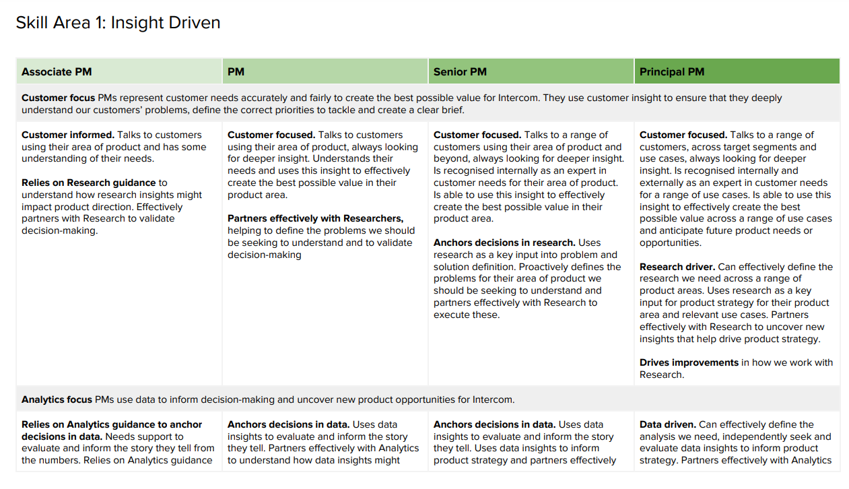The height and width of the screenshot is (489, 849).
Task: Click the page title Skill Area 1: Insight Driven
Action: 118,23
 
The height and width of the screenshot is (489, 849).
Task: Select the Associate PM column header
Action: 57,72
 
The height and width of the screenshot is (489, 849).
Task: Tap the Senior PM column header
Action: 460,72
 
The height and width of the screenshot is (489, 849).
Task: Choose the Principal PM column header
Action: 672,72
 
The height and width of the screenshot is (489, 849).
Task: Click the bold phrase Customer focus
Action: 58,98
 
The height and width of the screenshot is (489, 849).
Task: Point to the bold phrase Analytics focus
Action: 57,400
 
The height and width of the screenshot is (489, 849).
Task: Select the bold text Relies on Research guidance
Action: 88,183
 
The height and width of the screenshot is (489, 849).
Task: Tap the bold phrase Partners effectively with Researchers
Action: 315,219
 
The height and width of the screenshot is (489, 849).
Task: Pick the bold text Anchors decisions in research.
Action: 504,243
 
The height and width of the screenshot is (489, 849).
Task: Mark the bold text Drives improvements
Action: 689,363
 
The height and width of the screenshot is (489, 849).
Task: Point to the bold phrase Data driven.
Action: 667,425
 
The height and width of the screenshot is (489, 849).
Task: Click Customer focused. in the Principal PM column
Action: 683,135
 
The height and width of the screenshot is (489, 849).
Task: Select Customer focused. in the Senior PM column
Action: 477,135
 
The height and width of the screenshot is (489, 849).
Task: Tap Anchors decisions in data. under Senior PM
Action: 494,425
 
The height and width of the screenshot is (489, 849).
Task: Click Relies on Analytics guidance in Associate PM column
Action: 112,425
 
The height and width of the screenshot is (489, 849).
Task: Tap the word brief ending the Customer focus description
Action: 450,110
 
